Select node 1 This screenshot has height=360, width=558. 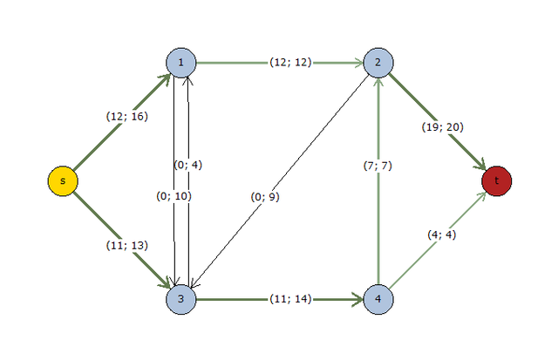[180, 63]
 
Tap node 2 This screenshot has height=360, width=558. [378, 63]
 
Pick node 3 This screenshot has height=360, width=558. [180, 299]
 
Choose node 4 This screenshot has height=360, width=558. [378, 299]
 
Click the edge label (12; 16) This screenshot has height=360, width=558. [126, 116]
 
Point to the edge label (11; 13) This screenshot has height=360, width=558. [126, 246]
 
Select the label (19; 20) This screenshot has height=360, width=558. [444, 126]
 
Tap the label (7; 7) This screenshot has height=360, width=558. [378, 166]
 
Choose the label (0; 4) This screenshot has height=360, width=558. [188, 165]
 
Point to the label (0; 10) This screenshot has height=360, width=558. [174, 196]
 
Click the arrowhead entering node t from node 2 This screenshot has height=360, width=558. [480, 166]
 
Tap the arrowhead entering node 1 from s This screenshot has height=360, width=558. [165, 78]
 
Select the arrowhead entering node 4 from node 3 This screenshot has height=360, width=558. [357, 299]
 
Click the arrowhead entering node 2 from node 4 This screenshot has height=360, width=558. [378, 84]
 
